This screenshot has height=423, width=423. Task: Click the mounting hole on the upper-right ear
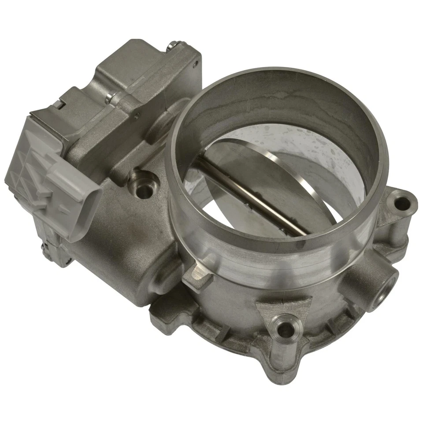click(401, 204)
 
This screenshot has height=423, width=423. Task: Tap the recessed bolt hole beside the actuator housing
click(144, 190)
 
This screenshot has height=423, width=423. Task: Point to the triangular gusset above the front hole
click(284, 306)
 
